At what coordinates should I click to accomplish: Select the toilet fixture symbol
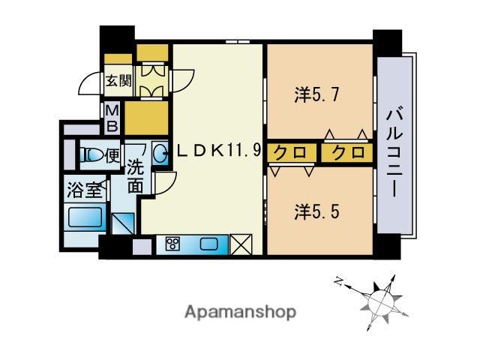93,155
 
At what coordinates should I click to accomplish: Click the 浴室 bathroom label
84,189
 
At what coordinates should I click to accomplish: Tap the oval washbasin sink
160,154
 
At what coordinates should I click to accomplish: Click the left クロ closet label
288,152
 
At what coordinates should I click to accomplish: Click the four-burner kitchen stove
173,244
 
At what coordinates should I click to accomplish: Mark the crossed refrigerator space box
241,245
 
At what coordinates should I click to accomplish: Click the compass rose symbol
379,298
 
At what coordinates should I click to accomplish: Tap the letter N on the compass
339,283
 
